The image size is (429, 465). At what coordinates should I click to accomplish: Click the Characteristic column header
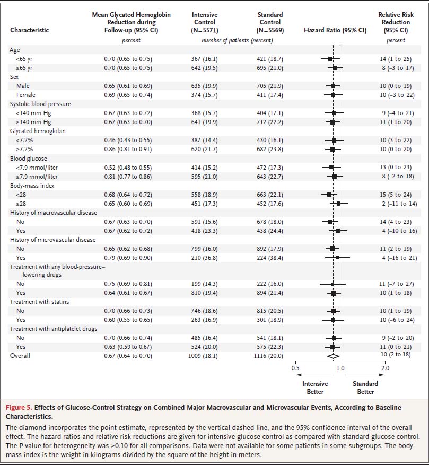(x=29, y=30)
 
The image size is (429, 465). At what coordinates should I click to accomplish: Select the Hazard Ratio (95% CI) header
(x=335, y=30)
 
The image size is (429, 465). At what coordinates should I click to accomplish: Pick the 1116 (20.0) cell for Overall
(x=270, y=356)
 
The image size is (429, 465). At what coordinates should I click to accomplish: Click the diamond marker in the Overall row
(x=333, y=356)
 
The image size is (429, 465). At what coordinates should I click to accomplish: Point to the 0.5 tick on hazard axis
(x=295, y=367)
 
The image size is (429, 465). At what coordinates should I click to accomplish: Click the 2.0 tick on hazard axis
(x=385, y=367)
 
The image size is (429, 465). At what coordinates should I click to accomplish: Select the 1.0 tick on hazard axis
(x=340, y=367)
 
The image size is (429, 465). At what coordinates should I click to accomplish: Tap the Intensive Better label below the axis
(x=315, y=388)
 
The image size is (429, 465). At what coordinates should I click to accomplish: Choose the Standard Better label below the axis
(x=365, y=388)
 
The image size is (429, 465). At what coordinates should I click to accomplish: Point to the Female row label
(x=26, y=95)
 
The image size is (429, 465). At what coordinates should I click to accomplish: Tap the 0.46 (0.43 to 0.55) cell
(x=128, y=140)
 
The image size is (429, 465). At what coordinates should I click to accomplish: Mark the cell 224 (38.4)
(x=270, y=258)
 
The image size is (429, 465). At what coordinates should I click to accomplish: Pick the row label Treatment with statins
(x=39, y=302)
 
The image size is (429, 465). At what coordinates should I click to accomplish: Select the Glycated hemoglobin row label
(x=38, y=131)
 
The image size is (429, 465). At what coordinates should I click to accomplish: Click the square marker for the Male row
(x=333, y=86)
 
